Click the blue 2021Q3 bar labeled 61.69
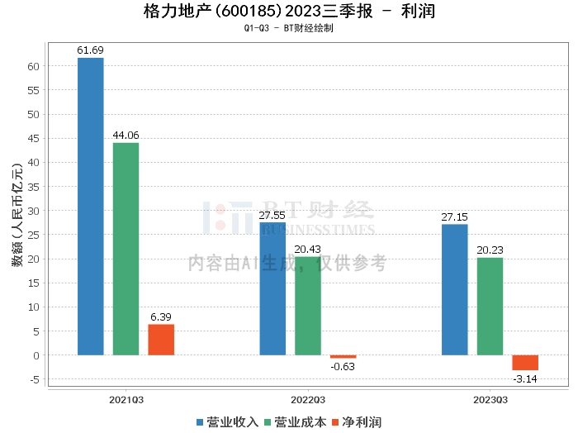[x=91, y=207]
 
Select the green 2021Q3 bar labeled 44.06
[x=126, y=249]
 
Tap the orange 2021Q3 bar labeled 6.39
[x=161, y=340]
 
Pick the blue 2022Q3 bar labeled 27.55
[x=272, y=288]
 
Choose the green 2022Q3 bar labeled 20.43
[x=308, y=306]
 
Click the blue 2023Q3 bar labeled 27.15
[x=454, y=289]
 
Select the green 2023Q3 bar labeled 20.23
[x=490, y=307]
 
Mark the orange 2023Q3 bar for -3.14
[x=525, y=363]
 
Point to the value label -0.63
[x=343, y=366]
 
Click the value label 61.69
[x=91, y=50]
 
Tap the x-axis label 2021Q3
[x=126, y=399]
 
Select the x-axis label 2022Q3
[x=308, y=399]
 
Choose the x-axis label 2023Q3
[x=490, y=399]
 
